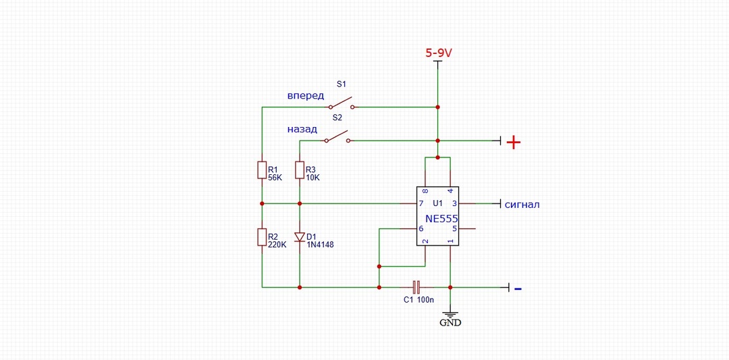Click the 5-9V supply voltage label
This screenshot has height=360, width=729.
point(439,53)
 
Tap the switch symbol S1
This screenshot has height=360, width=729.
point(342,103)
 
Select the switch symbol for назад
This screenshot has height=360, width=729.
point(337,136)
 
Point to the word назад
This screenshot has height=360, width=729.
point(302,129)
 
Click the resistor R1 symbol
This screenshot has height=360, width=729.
point(262,170)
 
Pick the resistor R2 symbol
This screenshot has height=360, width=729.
point(262,237)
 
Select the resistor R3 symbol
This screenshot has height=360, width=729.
point(300,170)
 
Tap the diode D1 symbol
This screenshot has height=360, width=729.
point(300,237)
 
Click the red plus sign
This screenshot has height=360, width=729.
point(513,143)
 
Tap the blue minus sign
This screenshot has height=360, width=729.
point(518,289)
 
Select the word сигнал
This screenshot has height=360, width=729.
point(522,204)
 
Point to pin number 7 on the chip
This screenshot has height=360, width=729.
point(421,204)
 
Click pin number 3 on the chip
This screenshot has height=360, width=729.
point(455,204)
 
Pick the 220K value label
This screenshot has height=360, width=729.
point(277,244)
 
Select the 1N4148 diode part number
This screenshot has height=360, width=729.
point(321,244)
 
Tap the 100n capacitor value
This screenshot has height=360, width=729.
point(425,301)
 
